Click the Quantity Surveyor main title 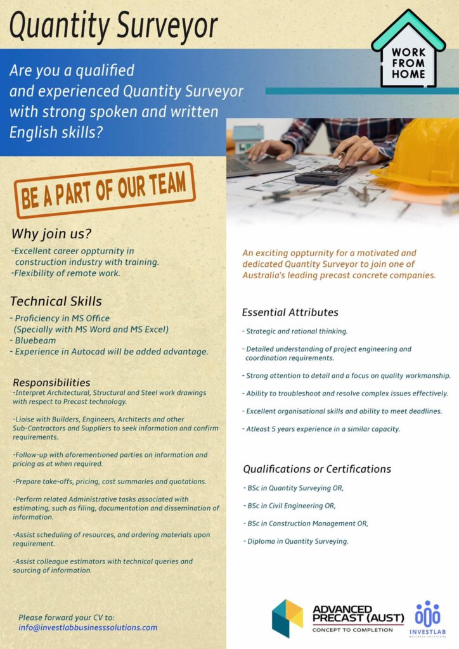(x=115, y=26)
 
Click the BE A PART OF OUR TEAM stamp (x=105, y=191)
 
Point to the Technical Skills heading (x=56, y=301)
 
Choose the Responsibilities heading (x=51, y=383)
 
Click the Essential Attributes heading (x=290, y=312)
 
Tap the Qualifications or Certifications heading (x=317, y=469)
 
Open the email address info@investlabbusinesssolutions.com (x=88, y=627)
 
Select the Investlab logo (x=427, y=618)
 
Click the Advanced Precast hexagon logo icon (x=287, y=618)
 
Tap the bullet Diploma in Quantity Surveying (x=297, y=541)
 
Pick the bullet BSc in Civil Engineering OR (x=291, y=506)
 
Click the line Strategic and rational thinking (x=297, y=331)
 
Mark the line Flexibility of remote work (x=66, y=273)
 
